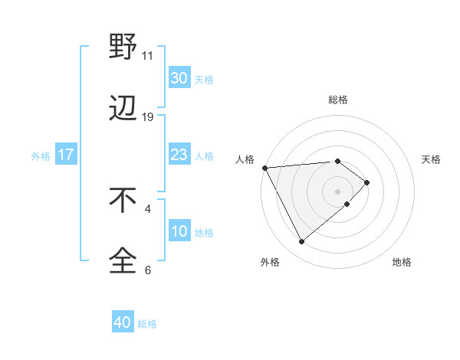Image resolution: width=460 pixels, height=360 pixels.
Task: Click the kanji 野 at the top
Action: (x=123, y=47)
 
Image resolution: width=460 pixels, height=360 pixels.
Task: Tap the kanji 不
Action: (x=123, y=201)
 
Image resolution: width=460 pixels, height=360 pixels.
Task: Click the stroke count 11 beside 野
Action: (x=148, y=56)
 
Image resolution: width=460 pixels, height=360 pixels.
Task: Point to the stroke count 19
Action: (x=148, y=117)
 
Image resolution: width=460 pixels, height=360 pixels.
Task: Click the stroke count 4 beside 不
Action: (x=148, y=208)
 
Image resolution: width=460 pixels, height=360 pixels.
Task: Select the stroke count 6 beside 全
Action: (x=148, y=270)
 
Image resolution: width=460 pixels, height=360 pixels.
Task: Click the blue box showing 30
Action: (x=179, y=78)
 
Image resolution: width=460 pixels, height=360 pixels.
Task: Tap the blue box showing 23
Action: (x=179, y=155)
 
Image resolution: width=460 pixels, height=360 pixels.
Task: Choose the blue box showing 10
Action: (x=179, y=232)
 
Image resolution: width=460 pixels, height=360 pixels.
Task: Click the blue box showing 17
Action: (x=65, y=155)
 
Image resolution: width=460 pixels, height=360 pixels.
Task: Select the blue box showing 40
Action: (x=123, y=323)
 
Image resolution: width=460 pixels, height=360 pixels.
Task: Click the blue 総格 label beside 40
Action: (x=147, y=324)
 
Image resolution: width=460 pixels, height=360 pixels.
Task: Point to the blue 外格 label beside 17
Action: (x=41, y=156)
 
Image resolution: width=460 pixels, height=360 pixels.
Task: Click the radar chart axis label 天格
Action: (x=432, y=159)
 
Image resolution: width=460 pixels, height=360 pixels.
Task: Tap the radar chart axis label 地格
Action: (x=402, y=262)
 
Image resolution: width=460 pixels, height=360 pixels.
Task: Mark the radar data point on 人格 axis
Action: (x=264, y=167)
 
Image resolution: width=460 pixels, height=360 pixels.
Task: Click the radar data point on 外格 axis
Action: (x=301, y=242)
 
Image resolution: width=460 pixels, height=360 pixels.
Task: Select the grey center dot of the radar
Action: (x=338, y=191)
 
